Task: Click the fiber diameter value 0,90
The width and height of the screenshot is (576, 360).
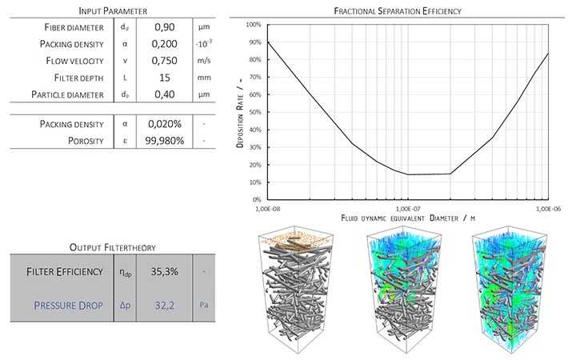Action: pyautogui.click(x=164, y=27)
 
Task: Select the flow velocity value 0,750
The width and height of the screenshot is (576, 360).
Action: pyautogui.click(x=164, y=61)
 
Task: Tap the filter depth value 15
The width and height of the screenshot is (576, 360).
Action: pyautogui.click(x=164, y=78)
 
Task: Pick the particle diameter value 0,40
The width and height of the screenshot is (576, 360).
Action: pyautogui.click(x=164, y=95)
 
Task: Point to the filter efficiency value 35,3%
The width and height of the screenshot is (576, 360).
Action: pyautogui.click(x=164, y=271)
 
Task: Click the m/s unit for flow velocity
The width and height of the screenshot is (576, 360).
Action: pyautogui.click(x=203, y=61)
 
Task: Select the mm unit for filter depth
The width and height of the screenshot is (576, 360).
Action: pyautogui.click(x=203, y=78)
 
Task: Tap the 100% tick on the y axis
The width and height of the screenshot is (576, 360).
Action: pyautogui.click(x=254, y=24)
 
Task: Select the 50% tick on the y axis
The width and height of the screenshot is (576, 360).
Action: pyautogui.click(x=255, y=112)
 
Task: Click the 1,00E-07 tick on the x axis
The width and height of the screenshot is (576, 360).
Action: pyautogui.click(x=408, y=207)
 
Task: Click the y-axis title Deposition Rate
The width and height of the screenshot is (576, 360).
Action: pyautogui.click(x=238, y=112)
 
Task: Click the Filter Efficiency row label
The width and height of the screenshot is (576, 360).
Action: pyautogui.click(x=62, y=271)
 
